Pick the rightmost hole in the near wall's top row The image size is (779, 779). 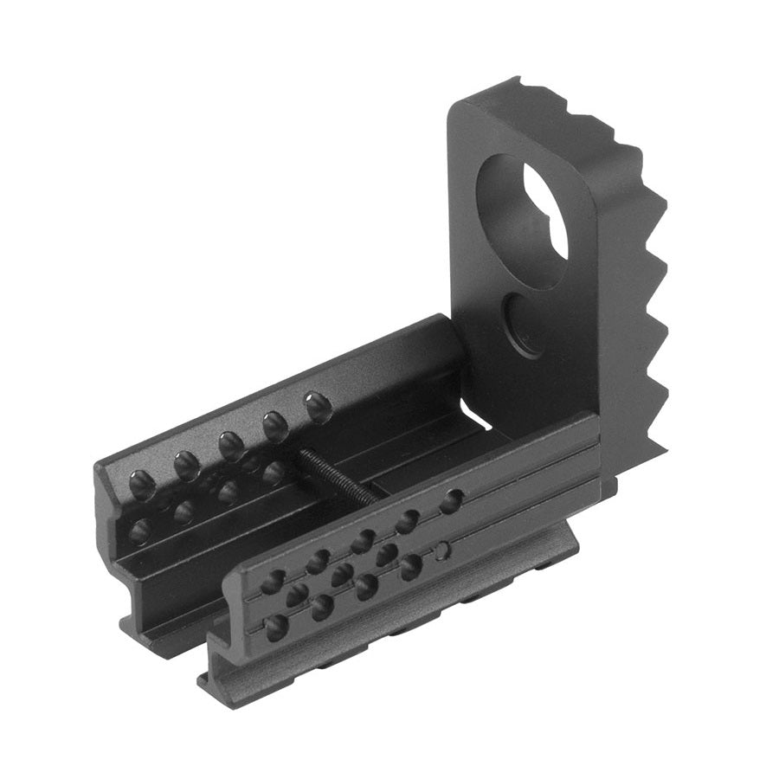coord(450,501)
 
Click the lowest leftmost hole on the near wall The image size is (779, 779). coord(277,627)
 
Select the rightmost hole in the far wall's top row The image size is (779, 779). coord(318,404)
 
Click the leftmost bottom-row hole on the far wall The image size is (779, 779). coord(138,530)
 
